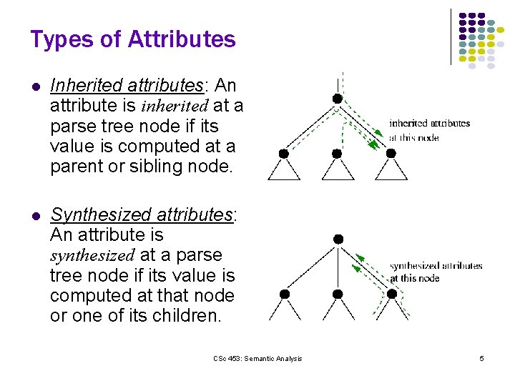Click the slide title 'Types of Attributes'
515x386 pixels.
pos(133,39)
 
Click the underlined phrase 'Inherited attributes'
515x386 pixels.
pos(127,86)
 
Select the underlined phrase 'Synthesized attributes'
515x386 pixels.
pos(142,215)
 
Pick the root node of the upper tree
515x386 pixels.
pos(337,99)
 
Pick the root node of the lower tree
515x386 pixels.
pos(338,238)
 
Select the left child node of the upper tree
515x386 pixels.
pos(284,153)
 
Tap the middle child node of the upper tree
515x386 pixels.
pos(337,153)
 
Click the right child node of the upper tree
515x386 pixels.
pos(391,153)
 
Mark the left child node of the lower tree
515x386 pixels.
pos(285,294)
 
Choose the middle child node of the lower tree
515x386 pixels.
pos(338,294)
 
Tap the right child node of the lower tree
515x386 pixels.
pos(392,294)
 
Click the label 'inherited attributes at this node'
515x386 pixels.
pos(429,129)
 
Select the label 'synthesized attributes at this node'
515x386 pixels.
pos(436,272)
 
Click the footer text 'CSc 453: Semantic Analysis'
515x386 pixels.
pos(257,358)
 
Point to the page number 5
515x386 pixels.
pos(481,358)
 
